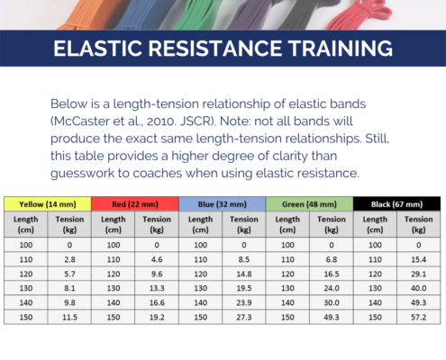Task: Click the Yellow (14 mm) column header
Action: [x=48, y=204]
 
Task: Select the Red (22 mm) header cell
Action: [x=135, y=204]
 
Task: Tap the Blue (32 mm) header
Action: [x=223, y=204]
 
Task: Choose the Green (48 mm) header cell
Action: [x=309, y=204]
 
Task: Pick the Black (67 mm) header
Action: [x=396, y=204]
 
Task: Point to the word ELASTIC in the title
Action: [x=97, y=49]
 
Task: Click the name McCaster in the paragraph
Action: [x=82, y=121]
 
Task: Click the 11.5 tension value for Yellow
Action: [x=69, y=317]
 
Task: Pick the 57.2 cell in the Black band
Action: [x=419, y=317]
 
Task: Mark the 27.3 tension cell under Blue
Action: [x=244, y=317]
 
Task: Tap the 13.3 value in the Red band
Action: [x=157, y=288]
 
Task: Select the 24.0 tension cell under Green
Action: [x=332, y=288]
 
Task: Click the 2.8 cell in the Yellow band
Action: [x=69, y=259]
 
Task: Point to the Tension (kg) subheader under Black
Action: [x=419, y=224]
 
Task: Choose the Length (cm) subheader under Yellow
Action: [x=26, y=224]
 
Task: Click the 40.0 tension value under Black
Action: [x=419, y=288]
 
